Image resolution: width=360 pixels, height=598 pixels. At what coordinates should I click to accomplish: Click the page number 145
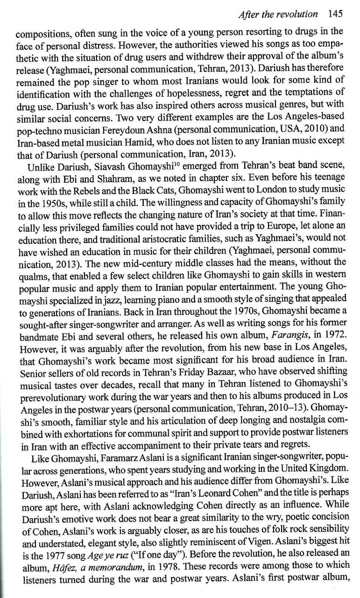[x=335, y=14]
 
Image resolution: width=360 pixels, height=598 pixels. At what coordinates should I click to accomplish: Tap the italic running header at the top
[x=277, y=14]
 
